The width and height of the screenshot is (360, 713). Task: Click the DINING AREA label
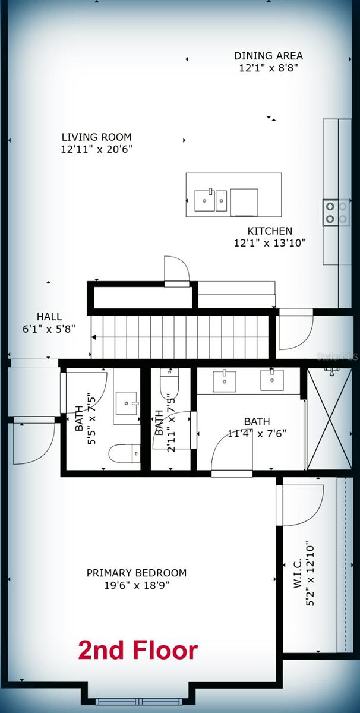(268, 56)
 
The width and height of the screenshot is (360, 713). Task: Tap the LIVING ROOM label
(96, 137)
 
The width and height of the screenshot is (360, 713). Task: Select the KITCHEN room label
(270, 231)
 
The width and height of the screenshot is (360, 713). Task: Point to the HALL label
(49, 317)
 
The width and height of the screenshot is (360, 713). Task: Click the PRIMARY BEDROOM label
(137, 573)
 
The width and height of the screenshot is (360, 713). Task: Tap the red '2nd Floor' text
(138, 651)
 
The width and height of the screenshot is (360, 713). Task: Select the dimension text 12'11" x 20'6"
(96, 149)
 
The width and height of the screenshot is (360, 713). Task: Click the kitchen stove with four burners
(336, 213)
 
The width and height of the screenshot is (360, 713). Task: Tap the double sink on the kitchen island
(211, 200)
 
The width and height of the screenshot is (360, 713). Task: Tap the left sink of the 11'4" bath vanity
(225, 381)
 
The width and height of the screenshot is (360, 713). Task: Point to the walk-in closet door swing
(300, 505)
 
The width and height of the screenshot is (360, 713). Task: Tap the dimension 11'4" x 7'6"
(257, 433)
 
